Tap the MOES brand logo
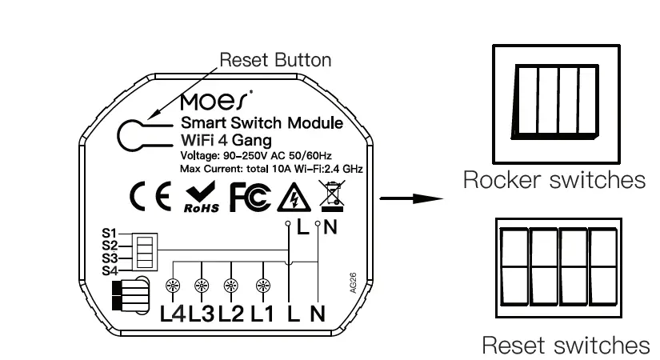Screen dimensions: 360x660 [x=216, y=102]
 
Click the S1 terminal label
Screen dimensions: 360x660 [x=110, y=234]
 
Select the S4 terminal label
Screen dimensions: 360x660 [x=110, y=270]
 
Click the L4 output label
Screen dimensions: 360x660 [x=173, y=314]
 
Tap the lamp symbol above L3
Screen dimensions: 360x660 [x=202, y=286]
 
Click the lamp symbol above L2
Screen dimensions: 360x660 [x=231, y=286]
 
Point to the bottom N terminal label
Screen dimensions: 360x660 [x=317, y=314]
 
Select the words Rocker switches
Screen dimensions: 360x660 [x=554, y=181]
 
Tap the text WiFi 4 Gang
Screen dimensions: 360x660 [x=226, y=141]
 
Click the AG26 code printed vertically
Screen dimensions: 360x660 [x=354, y=286]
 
